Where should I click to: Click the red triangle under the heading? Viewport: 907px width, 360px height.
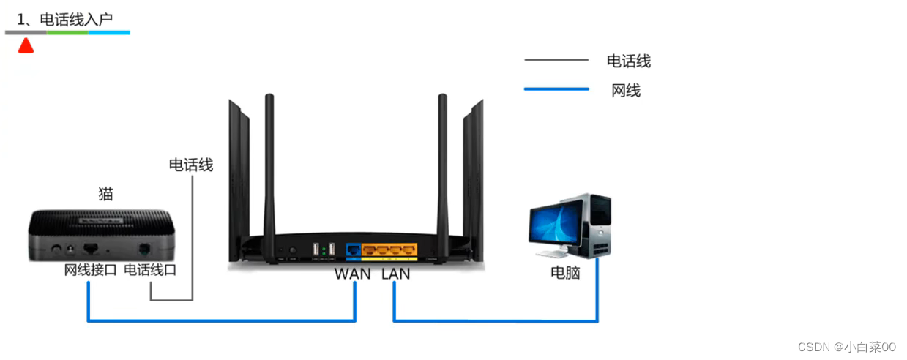coord(26,46)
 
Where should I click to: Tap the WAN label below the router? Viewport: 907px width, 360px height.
coord(352,274)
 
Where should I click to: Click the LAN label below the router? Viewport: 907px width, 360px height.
coord(395,274)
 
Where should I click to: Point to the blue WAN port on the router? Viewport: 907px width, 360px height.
coord(354,251)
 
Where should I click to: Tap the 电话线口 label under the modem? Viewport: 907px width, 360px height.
coord(150,270)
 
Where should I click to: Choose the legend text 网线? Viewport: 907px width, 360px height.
coord(626,91)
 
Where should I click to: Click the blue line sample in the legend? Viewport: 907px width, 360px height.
coord(556,89)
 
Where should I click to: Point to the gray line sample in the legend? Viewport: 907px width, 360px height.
coord(556,60)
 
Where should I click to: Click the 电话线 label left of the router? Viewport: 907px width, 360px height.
coord(190,165)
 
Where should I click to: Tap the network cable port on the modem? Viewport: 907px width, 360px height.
coord(92,249)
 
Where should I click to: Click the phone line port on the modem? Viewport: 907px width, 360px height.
coord(143,249)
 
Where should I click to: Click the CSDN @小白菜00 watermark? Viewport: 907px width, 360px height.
coord(846,347)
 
